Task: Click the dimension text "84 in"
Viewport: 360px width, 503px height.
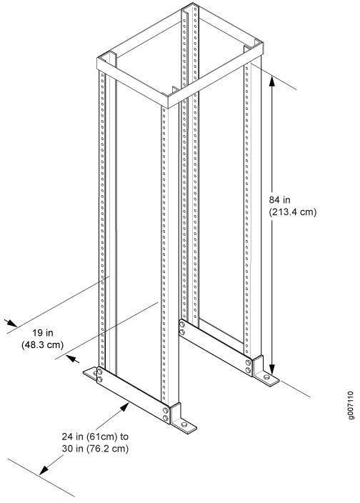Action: (279, 200)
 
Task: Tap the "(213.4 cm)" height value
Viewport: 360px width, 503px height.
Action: (292, 212)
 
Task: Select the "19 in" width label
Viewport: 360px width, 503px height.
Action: (43, 333)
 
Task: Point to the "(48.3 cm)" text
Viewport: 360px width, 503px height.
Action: (43, 345)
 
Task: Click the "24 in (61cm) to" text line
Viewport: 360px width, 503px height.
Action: (95, 437)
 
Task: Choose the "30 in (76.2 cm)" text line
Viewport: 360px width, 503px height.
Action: (95, 449)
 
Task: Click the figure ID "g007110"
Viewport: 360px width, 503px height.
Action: (351, 405)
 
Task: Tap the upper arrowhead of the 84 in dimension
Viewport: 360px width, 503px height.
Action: (272, 81)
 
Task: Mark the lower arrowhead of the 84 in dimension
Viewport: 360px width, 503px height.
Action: (272, 369)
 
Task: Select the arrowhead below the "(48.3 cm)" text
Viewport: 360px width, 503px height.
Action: (72, 359)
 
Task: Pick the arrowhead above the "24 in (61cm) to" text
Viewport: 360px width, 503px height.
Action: (124, 407)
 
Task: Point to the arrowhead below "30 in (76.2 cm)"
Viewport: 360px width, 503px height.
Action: (44, 471)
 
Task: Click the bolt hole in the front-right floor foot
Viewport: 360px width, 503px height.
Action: (184, 424)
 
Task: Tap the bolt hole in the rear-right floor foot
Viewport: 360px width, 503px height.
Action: (267, 377)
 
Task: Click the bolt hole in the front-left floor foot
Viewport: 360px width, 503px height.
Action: (94, 373)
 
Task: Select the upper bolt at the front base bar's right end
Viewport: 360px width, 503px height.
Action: (166, 410)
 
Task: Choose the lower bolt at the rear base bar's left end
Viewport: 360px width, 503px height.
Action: (181, 332)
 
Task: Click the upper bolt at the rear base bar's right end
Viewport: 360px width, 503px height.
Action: (248, 362)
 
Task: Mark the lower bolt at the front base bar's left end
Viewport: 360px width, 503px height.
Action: (99, 379)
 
